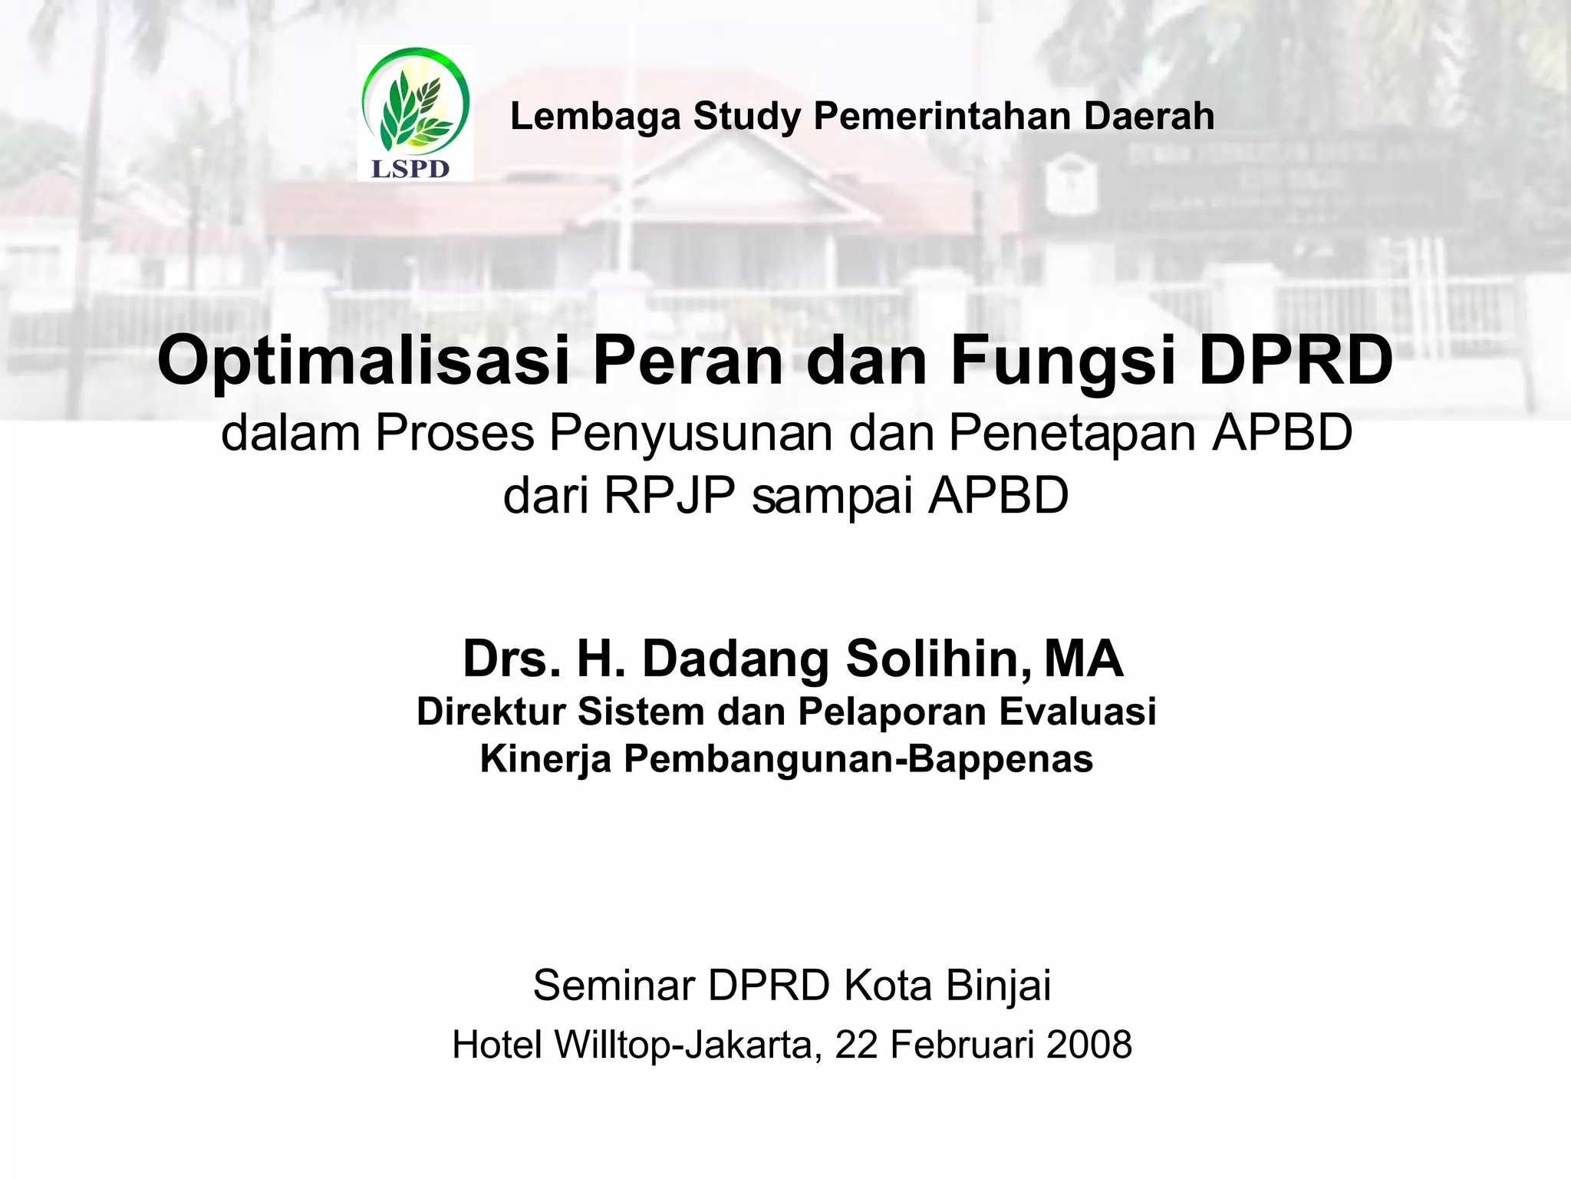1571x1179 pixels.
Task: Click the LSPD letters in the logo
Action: [x=410, y=169]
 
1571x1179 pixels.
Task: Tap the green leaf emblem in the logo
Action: [x=415, y=107]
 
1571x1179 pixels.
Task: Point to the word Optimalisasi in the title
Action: [x=363, y=362]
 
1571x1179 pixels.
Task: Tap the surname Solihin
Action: [x=939, y=659]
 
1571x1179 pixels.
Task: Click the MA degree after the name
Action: [x=1083, y=659]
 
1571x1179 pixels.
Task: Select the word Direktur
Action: [x=490, y=712]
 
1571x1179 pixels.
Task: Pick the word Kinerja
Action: [x=545, y=759]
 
